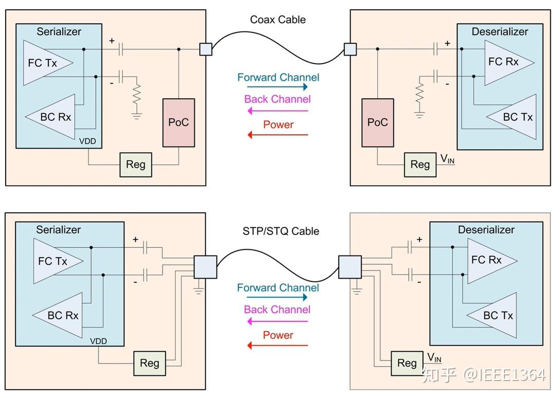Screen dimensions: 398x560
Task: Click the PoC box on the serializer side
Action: click(179, 122)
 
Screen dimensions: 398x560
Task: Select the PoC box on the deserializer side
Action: click(378, 122)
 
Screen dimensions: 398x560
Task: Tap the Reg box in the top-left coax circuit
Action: click(136, 165)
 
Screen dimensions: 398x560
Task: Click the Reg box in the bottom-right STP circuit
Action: click(407, 363)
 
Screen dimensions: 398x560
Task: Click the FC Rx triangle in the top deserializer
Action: click(506, 62)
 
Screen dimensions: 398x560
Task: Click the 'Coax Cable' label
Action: click(278, 20)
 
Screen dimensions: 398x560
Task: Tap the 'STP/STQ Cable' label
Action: click(281, 231)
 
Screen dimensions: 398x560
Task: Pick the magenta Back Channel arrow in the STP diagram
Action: click(277, 321)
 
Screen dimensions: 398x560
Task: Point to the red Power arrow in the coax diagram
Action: click(278, 135)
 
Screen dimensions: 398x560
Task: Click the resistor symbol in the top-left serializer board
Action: click(136, 96)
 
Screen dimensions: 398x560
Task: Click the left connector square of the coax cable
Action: click(205, 49)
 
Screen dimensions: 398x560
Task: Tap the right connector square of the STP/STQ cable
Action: click(349, 268)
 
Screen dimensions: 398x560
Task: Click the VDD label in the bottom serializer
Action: click(98, 341)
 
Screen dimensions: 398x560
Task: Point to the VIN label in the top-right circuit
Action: click(447, 159)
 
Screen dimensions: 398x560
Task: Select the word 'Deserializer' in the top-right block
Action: click(500, 32)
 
